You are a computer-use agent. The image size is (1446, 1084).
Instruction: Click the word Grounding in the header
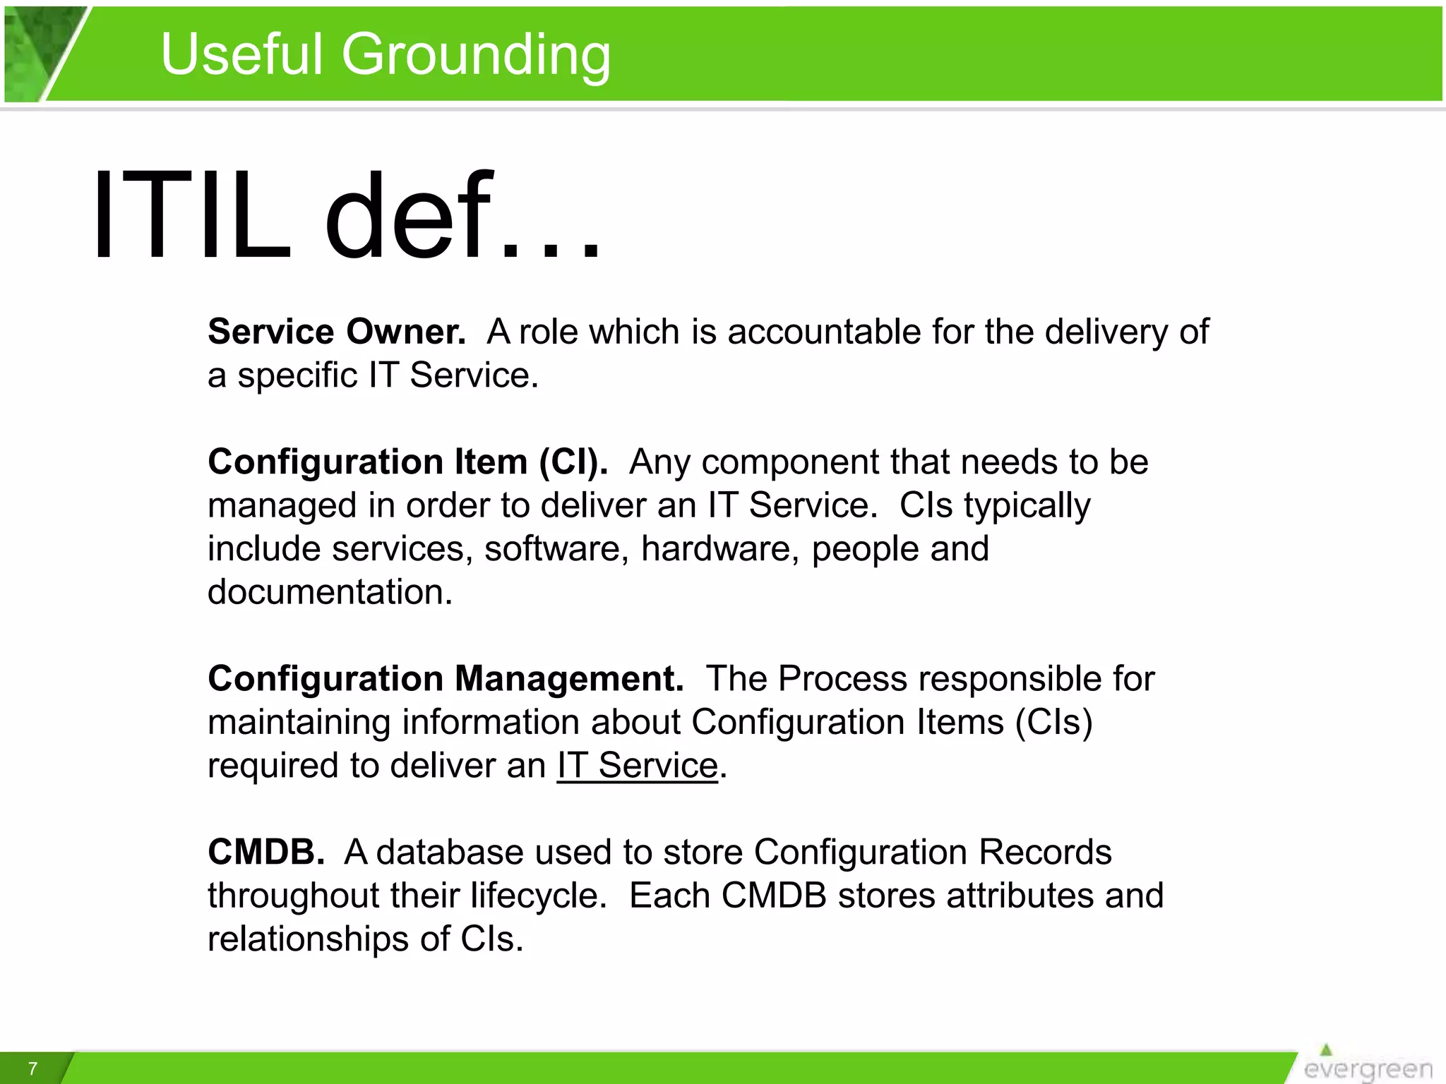477,55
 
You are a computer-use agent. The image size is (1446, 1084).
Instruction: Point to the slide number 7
32,1068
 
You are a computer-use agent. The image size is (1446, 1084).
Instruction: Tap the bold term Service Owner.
337,332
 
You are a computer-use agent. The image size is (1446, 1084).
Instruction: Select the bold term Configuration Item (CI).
407,462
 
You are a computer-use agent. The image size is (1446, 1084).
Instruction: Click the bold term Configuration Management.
446,679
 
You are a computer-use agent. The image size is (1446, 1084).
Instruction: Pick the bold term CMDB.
266,853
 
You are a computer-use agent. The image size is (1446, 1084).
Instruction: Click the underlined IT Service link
637,766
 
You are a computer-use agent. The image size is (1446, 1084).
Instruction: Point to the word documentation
330,592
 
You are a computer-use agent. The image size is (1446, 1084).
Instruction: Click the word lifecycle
538,896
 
